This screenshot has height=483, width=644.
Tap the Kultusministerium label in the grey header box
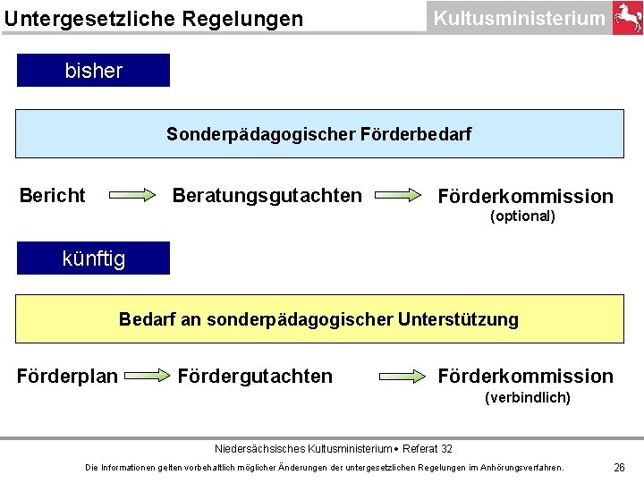518,18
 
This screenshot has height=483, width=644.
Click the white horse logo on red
627,18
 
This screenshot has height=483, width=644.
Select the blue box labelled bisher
93,71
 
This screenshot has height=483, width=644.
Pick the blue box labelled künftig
93,258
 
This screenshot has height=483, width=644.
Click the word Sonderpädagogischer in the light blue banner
261,134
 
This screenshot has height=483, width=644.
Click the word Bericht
53,195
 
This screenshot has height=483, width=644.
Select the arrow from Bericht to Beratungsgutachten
132,195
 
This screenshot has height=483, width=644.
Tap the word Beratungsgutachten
267,195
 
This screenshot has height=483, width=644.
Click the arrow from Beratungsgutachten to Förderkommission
398,195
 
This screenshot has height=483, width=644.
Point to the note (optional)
523,216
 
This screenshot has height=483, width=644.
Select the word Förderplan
67,377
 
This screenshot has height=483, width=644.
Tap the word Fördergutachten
255,377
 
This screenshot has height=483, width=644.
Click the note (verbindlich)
527,397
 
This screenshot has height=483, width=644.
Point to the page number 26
619,467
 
